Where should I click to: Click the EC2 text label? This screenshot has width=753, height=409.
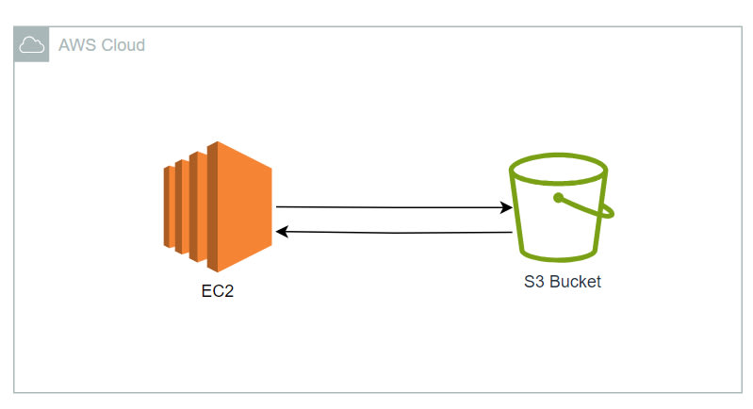[216, 291]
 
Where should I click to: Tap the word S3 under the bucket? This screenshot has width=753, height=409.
[533, 282]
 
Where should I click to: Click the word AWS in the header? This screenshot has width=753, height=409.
[75, 44]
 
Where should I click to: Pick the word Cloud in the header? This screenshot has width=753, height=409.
[122, 44]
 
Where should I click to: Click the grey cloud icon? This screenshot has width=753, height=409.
[31, 44]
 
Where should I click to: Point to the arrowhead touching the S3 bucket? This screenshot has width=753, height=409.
[506, 206]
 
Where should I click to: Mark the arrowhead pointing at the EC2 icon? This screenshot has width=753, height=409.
[280, 230]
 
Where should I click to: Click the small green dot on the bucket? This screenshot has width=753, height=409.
[558, 198]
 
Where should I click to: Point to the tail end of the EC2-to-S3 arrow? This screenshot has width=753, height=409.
[278, 205]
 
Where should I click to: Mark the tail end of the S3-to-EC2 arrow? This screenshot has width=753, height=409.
[510, 231]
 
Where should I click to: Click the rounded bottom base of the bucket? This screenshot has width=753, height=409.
[558, 257]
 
